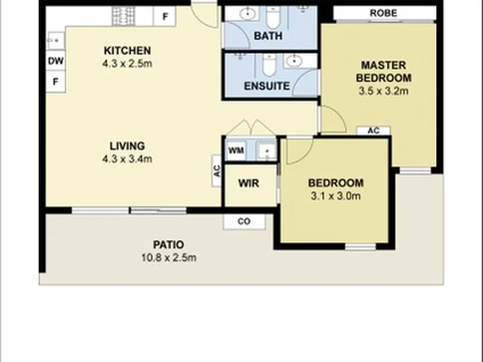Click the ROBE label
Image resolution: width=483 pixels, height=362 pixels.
coord(383,13)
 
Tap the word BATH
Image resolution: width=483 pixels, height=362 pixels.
coord(268,36)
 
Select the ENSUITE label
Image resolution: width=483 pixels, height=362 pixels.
coord(267,86)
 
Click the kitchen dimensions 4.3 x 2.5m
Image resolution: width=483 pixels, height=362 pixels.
coord(127,64)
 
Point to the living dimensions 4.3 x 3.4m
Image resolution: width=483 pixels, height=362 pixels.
coord(127,159)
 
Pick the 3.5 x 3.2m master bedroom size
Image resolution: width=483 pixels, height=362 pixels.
coord(384,91)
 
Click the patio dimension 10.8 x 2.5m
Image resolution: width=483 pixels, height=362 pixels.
coord(169,257)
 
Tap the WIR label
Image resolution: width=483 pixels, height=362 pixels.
coord(249,184)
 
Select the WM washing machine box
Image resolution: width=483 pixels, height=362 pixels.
coord(236,151)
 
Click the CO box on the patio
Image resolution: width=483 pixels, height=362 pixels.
coord(244,222)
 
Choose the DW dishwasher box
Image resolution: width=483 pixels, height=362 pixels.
coord(56,61)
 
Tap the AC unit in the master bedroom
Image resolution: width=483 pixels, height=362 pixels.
coord(374,131)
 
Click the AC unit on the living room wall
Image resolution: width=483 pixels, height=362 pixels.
coord(217,171)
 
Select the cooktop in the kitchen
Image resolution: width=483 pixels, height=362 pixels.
coord(123,16)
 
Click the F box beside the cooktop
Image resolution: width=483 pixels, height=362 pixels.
coord(165,16)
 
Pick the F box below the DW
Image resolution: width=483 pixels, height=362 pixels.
coord(56,82)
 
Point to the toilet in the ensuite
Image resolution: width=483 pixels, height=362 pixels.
coord(269,64)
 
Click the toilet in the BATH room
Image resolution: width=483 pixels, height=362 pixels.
coord(272,17)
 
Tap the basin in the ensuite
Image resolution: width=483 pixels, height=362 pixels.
coord(295,61)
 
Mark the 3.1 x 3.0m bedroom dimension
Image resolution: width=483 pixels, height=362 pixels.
coord(335,196)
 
